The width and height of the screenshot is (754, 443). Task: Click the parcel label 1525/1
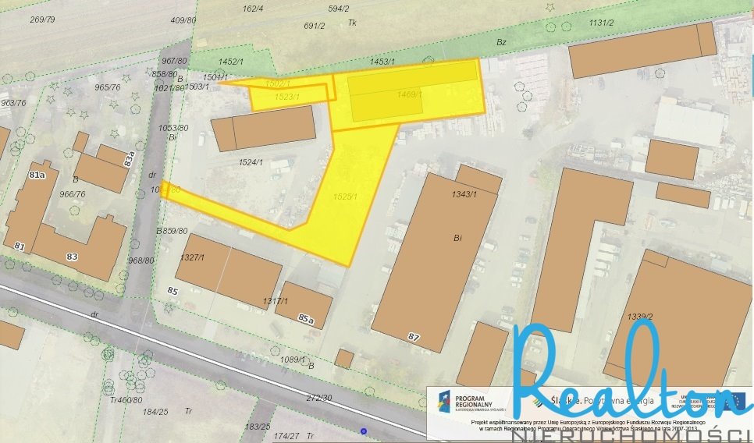(x=345, y=197)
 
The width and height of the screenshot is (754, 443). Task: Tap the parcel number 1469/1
(x=409, y=94)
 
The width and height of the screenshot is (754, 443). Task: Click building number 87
(x=414, y=336)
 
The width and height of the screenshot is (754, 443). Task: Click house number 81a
(x=37, y=175)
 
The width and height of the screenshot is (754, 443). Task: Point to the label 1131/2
(x=601, y=23)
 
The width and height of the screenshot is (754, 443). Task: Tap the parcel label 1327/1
(x=191, y=257)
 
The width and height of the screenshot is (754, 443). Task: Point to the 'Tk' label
(x=352, y=23)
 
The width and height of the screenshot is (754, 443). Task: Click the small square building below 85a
(x=343, y=358)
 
